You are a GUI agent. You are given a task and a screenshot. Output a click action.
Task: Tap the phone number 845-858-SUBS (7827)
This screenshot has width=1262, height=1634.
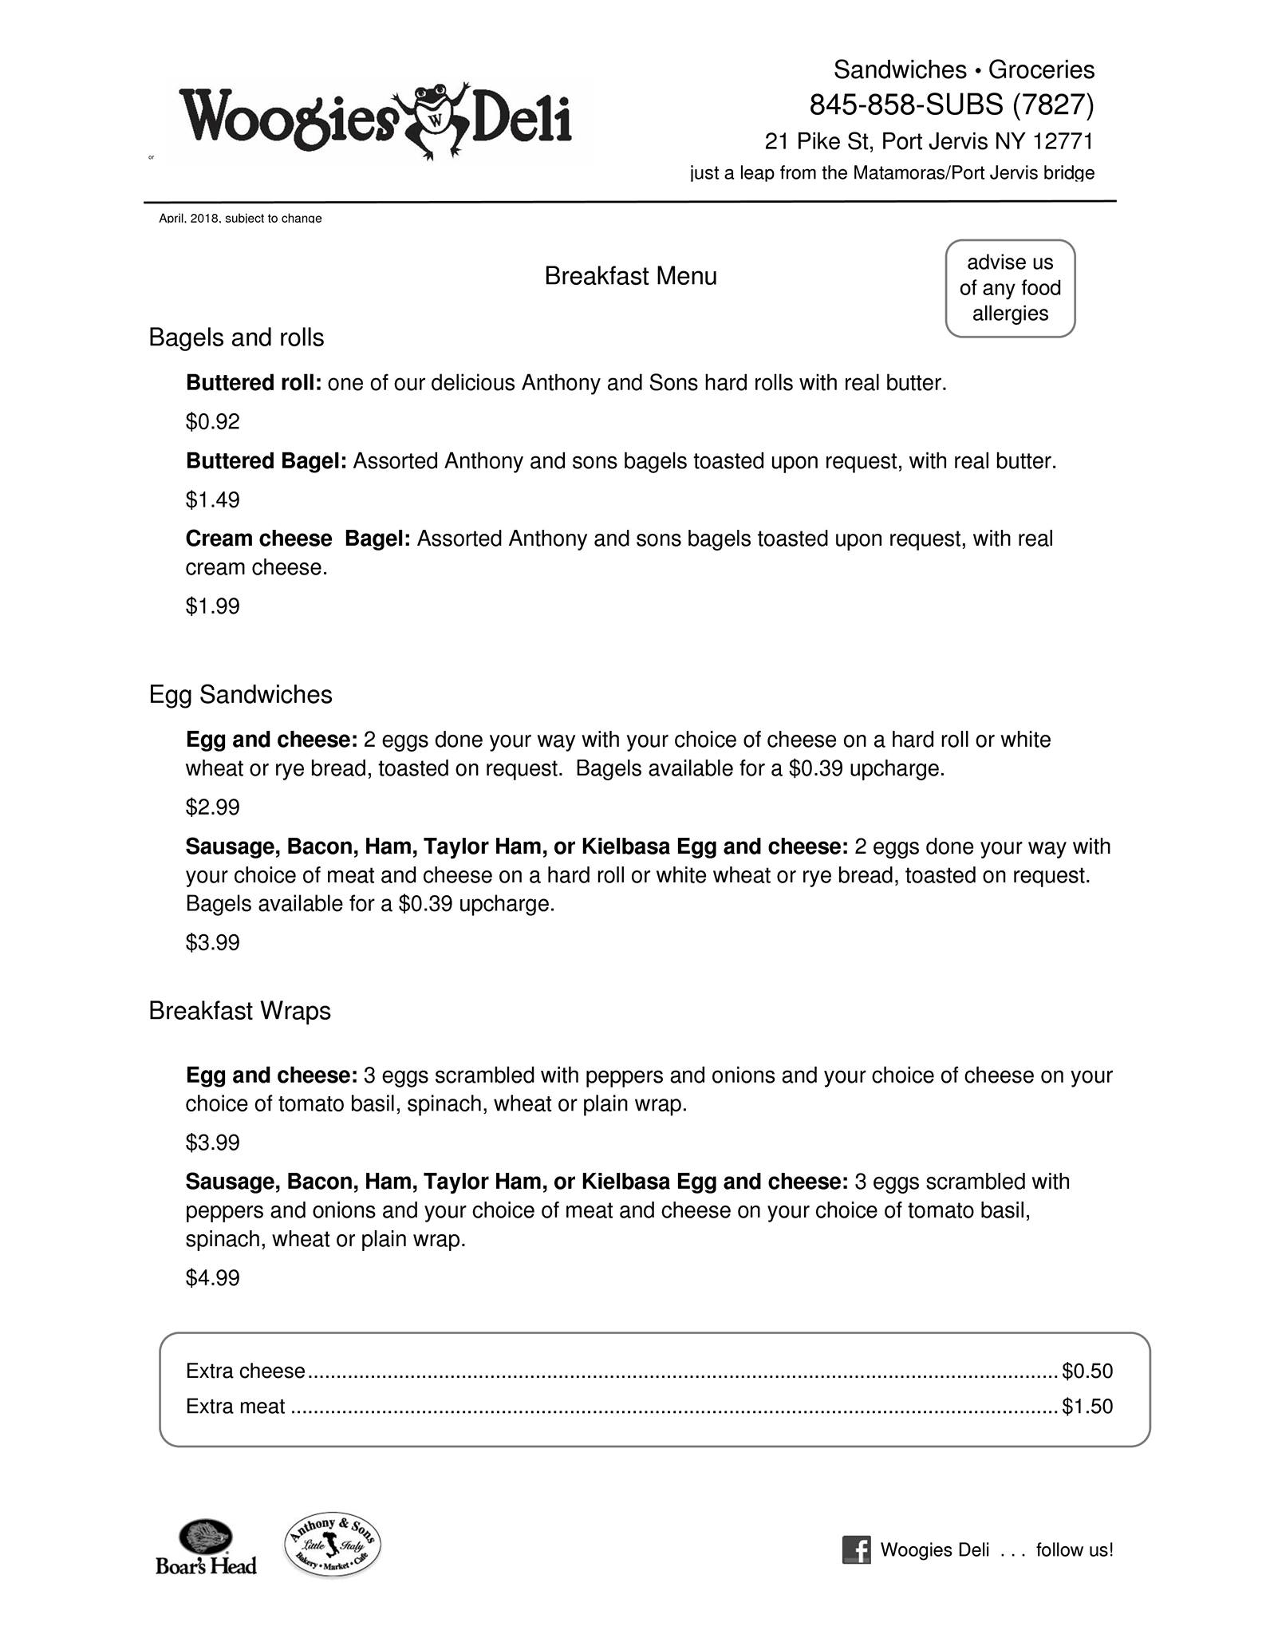point(951,105)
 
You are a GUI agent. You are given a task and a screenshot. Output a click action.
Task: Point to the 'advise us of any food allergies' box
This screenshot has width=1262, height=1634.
point(1010,288)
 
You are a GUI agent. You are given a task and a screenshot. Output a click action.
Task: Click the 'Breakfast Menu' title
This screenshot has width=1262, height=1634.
point(630,276)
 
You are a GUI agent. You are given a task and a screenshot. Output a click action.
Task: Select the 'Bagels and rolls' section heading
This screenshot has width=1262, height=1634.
point(236,338)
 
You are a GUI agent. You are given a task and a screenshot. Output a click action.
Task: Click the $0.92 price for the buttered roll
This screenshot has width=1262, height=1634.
point(212,421)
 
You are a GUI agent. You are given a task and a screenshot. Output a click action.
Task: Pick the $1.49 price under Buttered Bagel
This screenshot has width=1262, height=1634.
point(212,500)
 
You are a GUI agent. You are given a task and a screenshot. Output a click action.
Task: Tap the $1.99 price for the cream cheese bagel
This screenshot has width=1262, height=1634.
point(212,606)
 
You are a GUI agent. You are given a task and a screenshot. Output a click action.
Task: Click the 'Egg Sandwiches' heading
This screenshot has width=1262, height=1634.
point(240,695)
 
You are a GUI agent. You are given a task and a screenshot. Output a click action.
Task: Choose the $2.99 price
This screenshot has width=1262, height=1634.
point(212,807)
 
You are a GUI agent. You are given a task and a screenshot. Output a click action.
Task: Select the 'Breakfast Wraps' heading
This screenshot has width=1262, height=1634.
point(239,1012)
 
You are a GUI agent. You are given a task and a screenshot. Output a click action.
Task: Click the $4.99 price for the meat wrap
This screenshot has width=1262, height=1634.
point(212,1278)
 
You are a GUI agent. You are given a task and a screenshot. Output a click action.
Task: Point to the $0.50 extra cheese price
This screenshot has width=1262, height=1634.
point(1087,1372)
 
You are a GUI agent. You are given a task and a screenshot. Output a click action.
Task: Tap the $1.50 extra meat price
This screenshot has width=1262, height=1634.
point(1087,1407)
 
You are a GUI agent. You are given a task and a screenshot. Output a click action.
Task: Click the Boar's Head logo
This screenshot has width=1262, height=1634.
point(206,1547)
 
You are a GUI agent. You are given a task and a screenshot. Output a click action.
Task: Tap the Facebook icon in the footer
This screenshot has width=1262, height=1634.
point(856,1550)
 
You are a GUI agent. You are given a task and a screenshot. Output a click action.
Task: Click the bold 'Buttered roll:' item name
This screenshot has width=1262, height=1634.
point(253,384)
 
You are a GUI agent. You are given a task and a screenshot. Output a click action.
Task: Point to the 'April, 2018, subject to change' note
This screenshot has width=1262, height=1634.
point(240,218)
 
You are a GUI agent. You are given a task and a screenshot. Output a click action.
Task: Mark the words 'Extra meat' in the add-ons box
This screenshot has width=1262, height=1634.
point(235,1407)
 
